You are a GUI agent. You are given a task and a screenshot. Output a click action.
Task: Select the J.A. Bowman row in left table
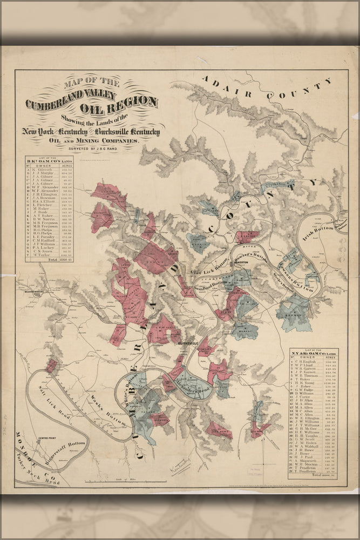(49, 199)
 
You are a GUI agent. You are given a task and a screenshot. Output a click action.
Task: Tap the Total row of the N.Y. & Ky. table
(314, 475)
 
